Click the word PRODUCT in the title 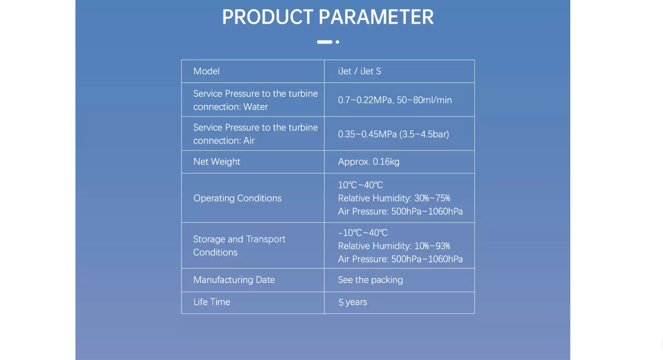pyautogui.click(x=267, y=17)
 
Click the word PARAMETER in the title pyautogui.click(x=376, y=17)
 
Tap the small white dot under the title pyautogui.click(x=337, y=42)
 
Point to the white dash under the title pyautogui.click(x=325, y=42)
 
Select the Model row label pyautogui.click(x=206, y=72)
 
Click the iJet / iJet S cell pyautogui.click(x=360, y=72)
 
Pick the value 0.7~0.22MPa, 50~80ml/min pyautogui.click(x=395, y=100)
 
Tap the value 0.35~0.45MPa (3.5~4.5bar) pyautogui.click(x=393, y=134)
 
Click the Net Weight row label pyautogui.click(x=217, y=162)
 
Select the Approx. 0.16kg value pyautogui.click(x=368, y=162)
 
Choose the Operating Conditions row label pyautogui.click(x=237, y=198)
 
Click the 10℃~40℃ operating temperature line pyautogui.click(x=361, y=185)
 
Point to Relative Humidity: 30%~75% pyautogui.click(x=394, y=198)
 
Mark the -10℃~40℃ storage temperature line pyautogui.click(x=363, y=233)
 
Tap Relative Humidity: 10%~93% pyautogui.click(x=394, y=246)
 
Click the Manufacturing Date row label pyautogui.click(x=234, y=280)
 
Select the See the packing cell pyautogui.click(x=370, y=280)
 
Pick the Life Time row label pyautogui.click(x=212, y=302)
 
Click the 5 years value pyautogui.click(x=353, y=302)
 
